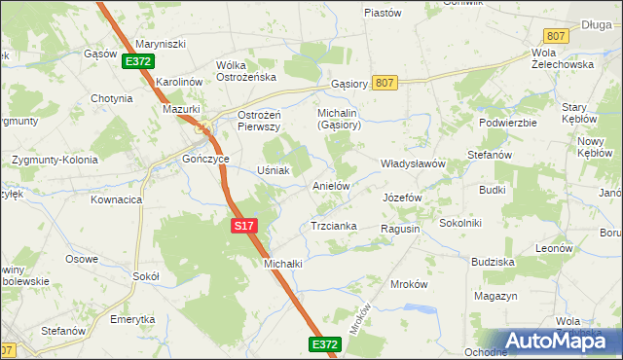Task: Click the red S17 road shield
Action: point(244,226)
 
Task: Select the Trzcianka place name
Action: point(333,226)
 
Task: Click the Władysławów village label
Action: point(412,163)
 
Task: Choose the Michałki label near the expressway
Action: point(283,264)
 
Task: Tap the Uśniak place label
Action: point(274,170)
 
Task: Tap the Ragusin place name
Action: point(400,229)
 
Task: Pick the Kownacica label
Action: point(117,199)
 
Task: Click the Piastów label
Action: point(383,13)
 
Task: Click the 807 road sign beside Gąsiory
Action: point(384,83)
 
